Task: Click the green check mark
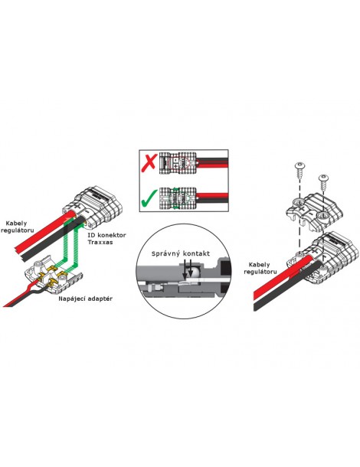(149, 198)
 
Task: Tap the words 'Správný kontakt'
(181, 253)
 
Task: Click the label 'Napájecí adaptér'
(86, 299)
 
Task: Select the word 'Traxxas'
(100, 242)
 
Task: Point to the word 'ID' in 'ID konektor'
(91, 235)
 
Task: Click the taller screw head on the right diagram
(299, 165)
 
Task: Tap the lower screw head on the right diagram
(323, 178)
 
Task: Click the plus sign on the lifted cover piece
(303, 207)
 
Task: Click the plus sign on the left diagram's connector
(78, 205)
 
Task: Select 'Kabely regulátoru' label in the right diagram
(260, 268)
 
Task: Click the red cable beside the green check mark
(212, 196)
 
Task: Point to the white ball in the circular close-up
(194, 273)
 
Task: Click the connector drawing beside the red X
(178, 163)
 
